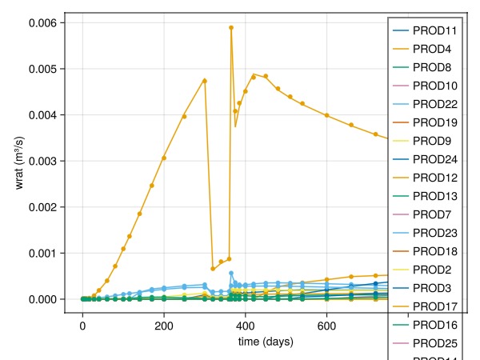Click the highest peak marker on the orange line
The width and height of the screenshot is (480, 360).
pos(231,27)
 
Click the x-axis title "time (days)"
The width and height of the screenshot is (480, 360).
pos(266,342)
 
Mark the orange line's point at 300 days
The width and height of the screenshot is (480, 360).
pos(205,81)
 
